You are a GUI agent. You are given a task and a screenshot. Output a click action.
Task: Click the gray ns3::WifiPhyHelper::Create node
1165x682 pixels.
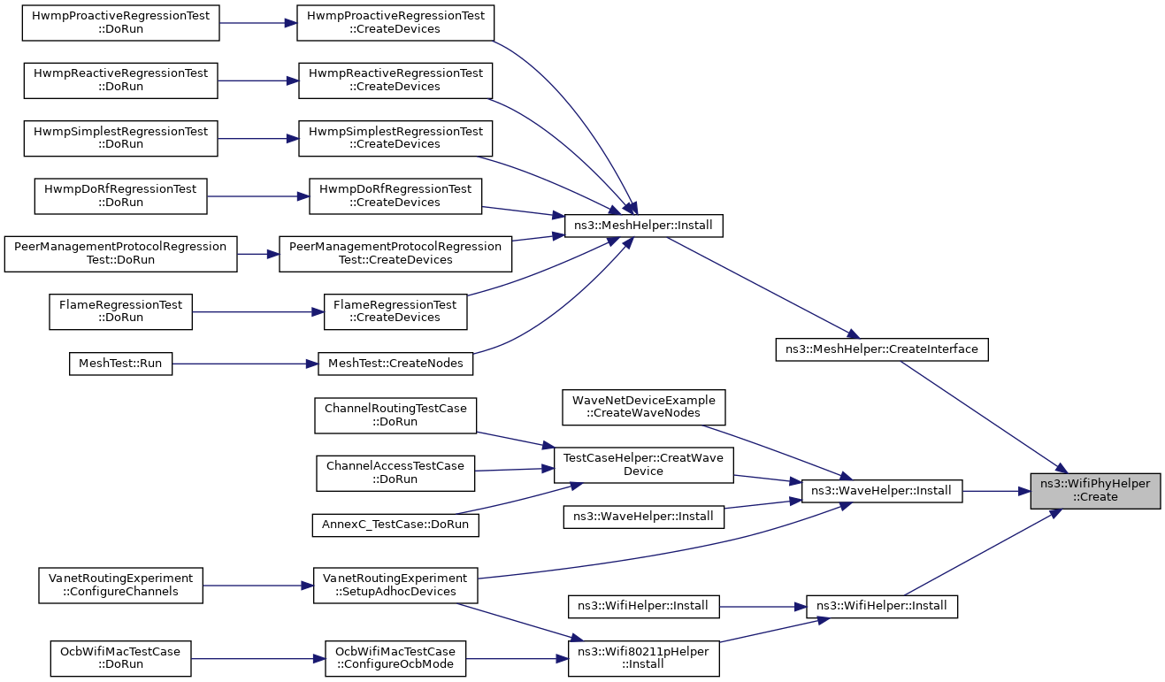[1095, 491]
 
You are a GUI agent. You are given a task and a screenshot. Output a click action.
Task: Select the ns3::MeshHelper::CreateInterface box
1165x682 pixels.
[882, 349]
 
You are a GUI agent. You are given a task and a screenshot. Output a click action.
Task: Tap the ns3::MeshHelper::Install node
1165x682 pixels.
[643, 226]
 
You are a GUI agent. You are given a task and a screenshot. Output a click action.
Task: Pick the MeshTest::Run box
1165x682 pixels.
[120, 364]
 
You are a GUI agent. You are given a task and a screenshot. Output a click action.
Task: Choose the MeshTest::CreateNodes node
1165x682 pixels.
[395, 364]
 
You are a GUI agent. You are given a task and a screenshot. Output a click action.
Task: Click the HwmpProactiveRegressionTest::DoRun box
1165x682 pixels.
[120, 23]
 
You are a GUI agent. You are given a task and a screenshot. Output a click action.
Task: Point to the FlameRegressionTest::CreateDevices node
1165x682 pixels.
[395, 311]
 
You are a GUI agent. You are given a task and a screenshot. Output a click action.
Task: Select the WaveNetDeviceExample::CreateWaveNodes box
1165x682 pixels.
[643, 407]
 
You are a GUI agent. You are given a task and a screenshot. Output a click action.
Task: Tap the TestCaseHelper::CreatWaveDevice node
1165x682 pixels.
[643, 465]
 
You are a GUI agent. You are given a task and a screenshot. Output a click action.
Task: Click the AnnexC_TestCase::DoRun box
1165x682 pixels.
[395, 525]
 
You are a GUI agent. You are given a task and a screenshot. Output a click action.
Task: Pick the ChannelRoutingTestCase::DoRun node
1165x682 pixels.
[395, 416]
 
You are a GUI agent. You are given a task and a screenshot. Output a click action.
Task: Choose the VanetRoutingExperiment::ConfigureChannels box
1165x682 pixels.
[120, 586]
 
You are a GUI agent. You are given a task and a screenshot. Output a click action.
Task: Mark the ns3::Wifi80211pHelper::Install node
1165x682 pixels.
[643, 659]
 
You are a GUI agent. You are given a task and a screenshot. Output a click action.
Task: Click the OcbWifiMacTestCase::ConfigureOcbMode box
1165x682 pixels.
[395, 659]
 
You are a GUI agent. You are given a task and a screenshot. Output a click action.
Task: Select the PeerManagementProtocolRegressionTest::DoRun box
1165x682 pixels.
[120, 254]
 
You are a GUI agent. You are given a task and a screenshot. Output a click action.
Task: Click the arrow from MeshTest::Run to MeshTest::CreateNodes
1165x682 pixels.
[245, 364]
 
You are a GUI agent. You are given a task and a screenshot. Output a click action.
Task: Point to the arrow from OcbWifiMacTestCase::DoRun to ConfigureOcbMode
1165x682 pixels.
[258, 659]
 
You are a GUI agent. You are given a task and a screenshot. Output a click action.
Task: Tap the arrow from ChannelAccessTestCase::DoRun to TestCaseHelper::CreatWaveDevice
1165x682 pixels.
[514, 470]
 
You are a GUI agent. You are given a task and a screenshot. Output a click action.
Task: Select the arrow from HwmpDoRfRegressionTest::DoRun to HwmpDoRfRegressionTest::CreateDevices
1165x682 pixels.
[258, 196]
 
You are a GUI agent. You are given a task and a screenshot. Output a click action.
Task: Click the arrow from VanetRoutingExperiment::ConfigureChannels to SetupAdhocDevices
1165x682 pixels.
[258, 586]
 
